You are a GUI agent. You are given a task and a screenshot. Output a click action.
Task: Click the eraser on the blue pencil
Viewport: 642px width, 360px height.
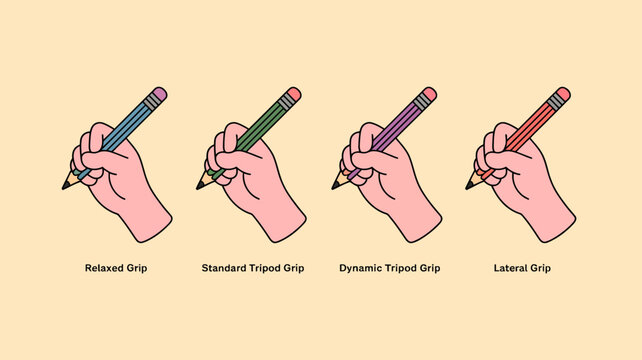click(157, 95)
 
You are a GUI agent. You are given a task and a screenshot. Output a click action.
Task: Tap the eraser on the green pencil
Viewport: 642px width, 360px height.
click(291, 96)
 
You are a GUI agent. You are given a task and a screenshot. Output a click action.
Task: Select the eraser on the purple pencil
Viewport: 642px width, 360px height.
click(425, 97)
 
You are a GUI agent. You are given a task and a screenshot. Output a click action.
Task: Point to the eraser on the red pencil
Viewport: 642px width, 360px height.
click(560, 96)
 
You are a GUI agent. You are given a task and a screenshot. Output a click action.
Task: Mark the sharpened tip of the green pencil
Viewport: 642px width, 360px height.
click(200, 186)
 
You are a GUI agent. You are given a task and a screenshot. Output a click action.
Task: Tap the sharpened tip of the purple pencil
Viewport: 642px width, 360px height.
click(335, 186)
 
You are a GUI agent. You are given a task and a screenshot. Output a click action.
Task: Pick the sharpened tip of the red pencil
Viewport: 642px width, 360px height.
click(469, 186)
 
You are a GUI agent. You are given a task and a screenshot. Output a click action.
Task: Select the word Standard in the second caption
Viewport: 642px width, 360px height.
click(225, 268)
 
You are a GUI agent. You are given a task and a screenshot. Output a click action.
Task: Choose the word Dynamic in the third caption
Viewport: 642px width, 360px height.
click(363, 268)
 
